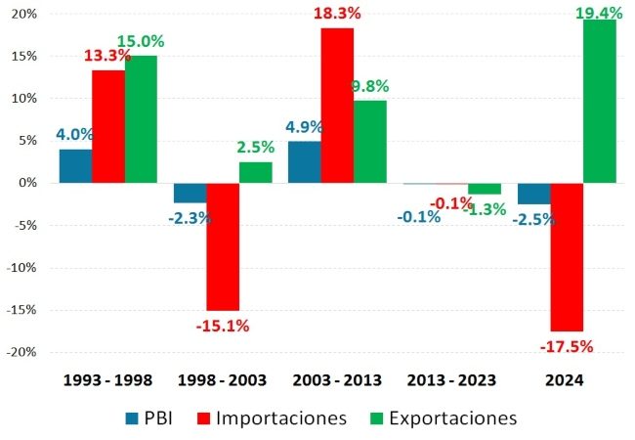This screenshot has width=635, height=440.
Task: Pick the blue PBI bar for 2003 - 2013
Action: [304, 162]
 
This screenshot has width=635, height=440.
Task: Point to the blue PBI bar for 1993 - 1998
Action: [75, 166]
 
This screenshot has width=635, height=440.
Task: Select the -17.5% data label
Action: [567, 345]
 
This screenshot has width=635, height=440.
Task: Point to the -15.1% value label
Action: [223, 326]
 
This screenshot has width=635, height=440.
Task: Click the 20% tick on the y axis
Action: [24, 15]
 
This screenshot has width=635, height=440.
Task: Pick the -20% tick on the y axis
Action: [22, 352]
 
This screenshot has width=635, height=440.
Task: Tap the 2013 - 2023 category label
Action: [451, 379]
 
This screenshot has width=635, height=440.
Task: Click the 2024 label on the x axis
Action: [567, 379]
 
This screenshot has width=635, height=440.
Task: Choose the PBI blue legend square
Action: [131, 418]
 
